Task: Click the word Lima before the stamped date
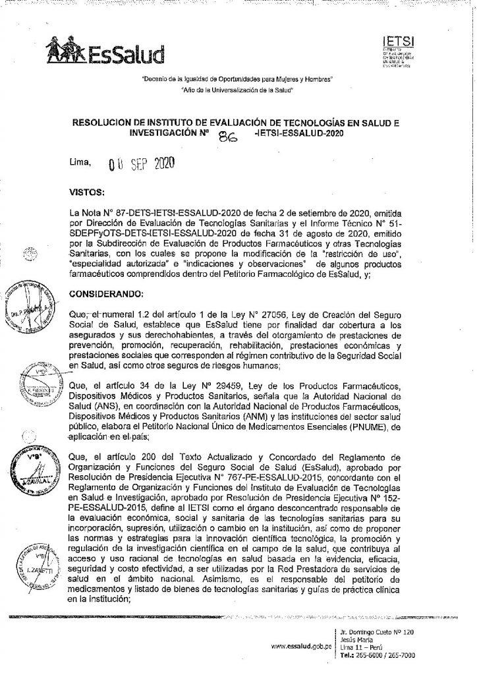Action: [79, 161]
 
